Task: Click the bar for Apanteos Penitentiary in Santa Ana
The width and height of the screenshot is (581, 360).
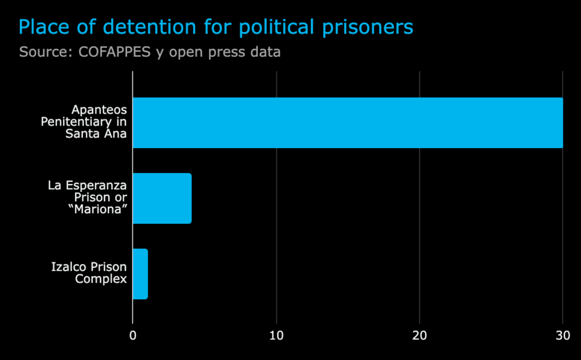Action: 347,123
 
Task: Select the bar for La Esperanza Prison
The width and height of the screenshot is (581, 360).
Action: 162,198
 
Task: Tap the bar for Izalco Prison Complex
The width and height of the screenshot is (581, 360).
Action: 140,274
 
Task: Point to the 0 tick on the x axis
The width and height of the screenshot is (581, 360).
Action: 133,335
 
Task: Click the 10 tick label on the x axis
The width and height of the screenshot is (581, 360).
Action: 276,335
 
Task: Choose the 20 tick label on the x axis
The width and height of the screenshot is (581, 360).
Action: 419,335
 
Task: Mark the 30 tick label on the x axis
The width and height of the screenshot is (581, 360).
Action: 562,335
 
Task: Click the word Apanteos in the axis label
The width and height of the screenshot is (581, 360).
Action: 99,110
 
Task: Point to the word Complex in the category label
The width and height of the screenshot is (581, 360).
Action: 101,279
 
